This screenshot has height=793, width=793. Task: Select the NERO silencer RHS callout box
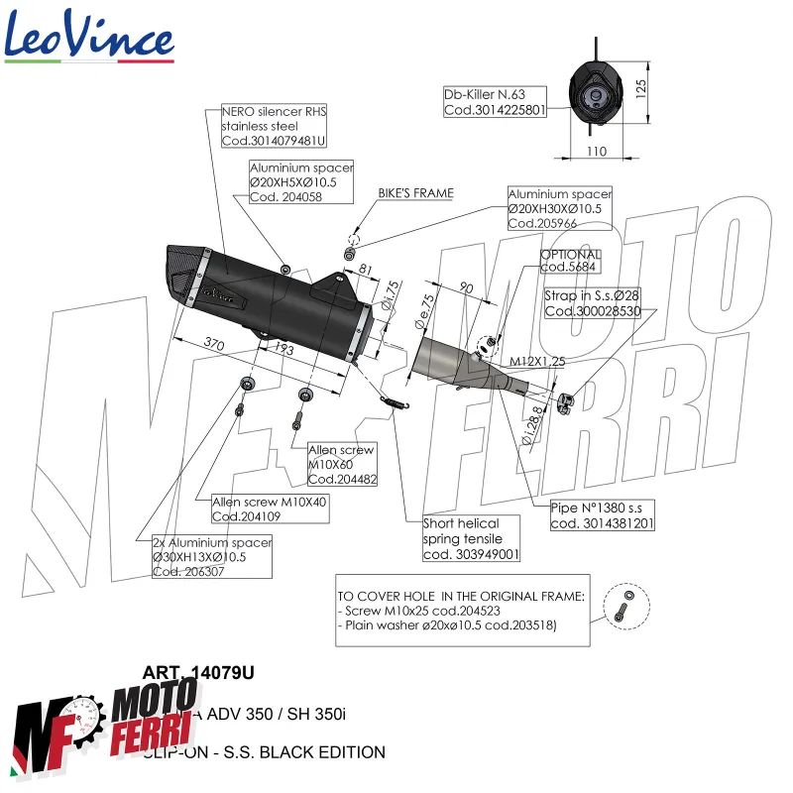pos(274,127)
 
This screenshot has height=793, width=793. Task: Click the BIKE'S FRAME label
pos(415,193)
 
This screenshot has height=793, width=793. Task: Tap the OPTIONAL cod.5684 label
pos(570,262)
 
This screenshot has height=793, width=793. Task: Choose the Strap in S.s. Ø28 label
pos(593,303)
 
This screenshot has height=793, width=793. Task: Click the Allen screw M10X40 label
pos(270,509)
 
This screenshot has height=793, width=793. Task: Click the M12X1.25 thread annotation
pos(538,362)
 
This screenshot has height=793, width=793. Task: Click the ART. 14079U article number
pos(198,673)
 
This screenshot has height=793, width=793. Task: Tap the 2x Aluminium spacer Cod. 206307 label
pos(211,557)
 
